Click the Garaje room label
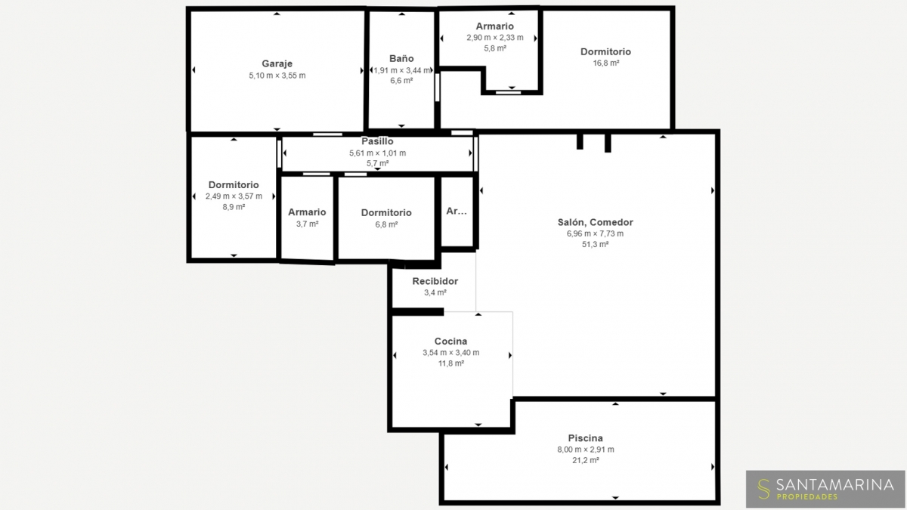point(277,63)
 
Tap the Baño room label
point(401,59)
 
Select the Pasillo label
point(377,141)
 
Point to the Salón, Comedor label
point(596,222)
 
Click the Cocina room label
point(450,342)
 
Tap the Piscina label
point(586,438)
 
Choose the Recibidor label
point(435,281)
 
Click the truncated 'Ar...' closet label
point(457,211)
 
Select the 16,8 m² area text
point(605,63)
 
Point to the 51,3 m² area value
point(596,245)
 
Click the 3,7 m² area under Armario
point(307,224)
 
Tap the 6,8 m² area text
point(386,224)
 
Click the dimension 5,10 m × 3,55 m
point(277,76)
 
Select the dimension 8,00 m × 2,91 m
point(586,450)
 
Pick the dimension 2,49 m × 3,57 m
point(234,196)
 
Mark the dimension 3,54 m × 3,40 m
point(450,353)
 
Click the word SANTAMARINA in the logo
point(835,484)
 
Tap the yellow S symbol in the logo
point(763,489)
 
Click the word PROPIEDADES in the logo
point(807,496)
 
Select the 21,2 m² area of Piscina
point(586,460)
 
